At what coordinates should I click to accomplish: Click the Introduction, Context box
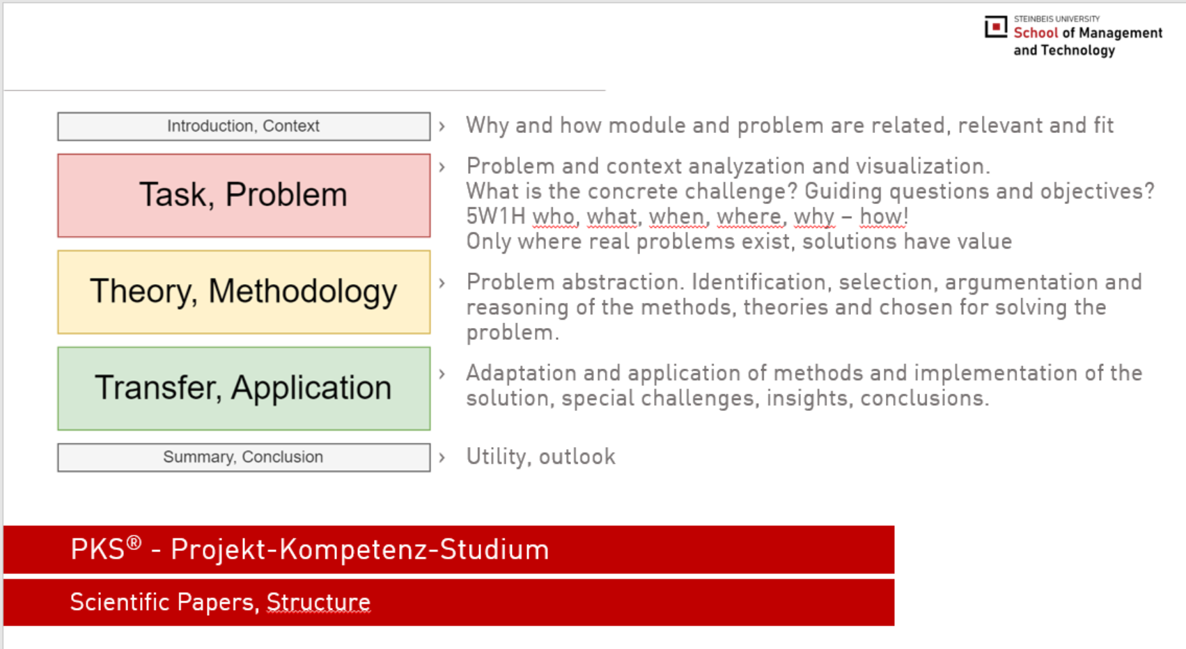(244, 126)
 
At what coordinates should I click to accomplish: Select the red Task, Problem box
(244, 196)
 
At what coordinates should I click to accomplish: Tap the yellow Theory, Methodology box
(244, 292)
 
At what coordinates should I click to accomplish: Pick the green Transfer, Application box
(244, 388)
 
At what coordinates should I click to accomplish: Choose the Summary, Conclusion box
(244, 457)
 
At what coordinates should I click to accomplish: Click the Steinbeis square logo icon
(995, 26)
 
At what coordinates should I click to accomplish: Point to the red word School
(1036, 33)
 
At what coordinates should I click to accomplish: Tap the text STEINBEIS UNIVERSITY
(1056, 19)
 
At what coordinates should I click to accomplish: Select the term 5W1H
(496, 216)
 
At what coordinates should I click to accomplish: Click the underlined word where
(749, 216)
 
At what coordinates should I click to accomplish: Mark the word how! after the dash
(884, 216)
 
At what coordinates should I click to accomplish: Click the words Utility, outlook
(540, 456)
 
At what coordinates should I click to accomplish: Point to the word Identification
(758, 282)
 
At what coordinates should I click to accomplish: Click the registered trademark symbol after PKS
(134, 542)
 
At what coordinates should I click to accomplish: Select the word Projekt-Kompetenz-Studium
(359, 549)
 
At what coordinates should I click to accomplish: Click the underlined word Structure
(318, 602)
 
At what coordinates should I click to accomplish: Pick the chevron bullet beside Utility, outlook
(442, 457)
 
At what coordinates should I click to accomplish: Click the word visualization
(922, 166)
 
